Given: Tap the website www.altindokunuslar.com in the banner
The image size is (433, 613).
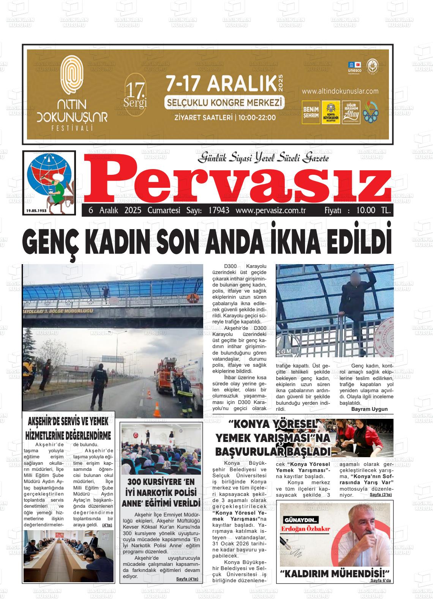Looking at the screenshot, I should point(340,91).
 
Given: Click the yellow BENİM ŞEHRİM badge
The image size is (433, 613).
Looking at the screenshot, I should point(311,112).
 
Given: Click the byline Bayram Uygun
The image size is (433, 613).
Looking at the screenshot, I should point(369,409).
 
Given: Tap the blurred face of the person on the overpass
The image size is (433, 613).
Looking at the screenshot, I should point(357,277).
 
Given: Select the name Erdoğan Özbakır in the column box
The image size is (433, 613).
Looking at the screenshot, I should point(305,528).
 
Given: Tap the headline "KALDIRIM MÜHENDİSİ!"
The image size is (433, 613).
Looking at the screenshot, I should point(335,573).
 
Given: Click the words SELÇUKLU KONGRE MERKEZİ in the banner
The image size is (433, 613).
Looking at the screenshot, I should point(224,103).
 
